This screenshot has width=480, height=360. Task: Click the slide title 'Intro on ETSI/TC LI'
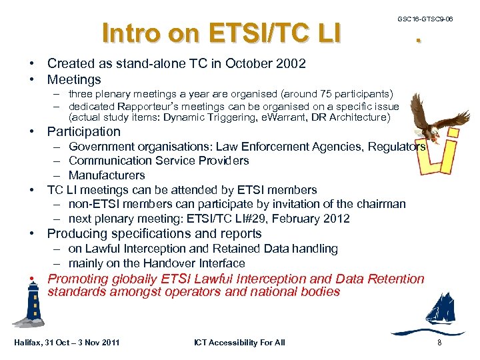[221, 32]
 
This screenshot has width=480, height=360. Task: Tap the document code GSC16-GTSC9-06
[425, 19]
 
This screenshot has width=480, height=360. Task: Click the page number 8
[439, 343]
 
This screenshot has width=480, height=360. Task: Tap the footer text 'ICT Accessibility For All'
[239, 343]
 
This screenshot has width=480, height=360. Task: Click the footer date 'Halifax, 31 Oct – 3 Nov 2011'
[67, 343]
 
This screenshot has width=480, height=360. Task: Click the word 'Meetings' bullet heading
[74, 80]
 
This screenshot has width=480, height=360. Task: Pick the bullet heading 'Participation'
[83, 132]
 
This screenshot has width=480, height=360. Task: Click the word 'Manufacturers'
[107, 175]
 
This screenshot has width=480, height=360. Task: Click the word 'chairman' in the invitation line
[380, 204]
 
